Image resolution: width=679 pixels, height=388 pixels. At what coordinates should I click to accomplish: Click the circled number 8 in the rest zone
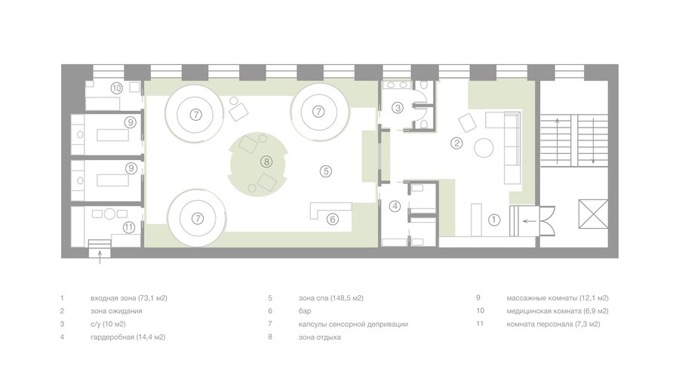coord(266,162)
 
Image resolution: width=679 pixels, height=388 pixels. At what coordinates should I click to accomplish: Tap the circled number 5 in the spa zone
coord(326,171)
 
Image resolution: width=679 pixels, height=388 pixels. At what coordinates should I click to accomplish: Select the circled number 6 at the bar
coord(332,219)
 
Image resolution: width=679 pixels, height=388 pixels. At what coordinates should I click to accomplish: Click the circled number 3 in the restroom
coord(398,107)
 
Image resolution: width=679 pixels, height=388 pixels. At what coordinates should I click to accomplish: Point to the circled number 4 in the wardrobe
coord(395,206)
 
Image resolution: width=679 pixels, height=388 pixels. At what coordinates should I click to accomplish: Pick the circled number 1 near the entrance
coord(493,220)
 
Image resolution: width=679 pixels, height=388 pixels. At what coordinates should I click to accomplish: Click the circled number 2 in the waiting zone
coord(456,143)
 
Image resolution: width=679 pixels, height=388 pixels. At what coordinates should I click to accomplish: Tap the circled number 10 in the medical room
coord(116,88)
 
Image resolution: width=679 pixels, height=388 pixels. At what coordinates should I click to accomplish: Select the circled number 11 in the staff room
coord(128,227)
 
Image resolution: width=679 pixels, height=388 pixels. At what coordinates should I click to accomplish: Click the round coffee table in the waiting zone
coord(484,148)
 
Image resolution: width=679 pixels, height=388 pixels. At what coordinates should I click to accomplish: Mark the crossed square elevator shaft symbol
coord(593,214)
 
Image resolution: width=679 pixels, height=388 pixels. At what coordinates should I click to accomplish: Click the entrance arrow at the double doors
coord(529,221)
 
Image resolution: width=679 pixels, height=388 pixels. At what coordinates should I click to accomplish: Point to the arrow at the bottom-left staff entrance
coord(100,257)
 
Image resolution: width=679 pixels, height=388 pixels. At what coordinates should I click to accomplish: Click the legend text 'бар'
coord(305,311)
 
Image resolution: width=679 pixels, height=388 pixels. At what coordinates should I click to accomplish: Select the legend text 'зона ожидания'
coord(116,311)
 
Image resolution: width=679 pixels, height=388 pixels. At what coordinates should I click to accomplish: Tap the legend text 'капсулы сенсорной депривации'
coord(353,324)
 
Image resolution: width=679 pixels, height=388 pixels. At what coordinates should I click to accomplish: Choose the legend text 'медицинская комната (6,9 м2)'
coord(558,311)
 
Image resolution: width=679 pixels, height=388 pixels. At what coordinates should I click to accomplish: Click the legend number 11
coord(480,324)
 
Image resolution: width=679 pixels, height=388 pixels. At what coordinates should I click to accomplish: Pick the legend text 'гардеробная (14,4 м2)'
coord(128,337)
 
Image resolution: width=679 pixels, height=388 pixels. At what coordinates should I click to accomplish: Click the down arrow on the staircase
coord(593,140)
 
